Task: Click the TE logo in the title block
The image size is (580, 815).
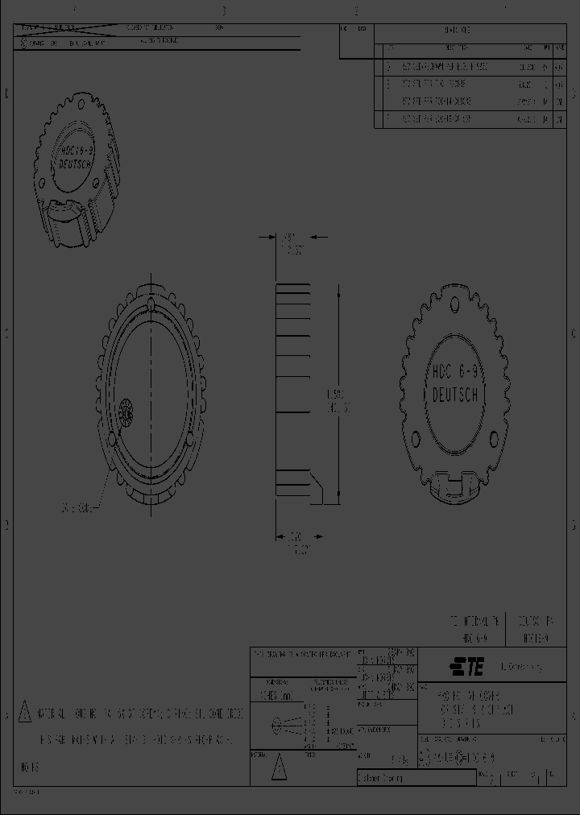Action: pos(467,667)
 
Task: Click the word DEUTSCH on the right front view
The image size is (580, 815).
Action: pos(456,395)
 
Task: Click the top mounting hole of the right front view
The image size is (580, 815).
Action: pos(455,305)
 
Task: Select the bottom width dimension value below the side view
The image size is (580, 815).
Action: pos(297,536)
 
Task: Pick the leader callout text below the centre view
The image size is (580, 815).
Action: pos(77,509)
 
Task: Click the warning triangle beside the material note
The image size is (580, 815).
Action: pos(24,712)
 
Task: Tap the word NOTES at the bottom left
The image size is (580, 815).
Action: pos(27,767)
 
